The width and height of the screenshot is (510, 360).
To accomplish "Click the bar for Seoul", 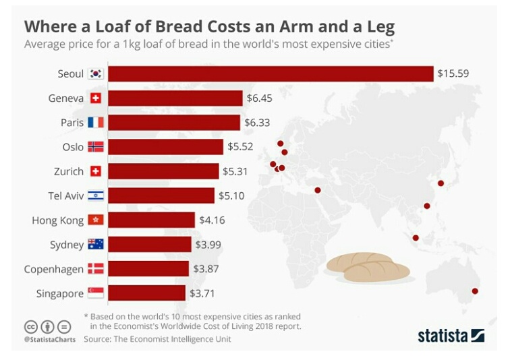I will (x=270, y=74).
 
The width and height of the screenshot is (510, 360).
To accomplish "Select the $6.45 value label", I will (x=259, y=98).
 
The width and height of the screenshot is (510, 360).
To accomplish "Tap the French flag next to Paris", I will (x=96, y=123).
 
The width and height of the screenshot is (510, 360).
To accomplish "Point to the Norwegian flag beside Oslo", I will (x=96, y=147).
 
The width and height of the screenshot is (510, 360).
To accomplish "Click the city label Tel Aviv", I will (x=66, y=196).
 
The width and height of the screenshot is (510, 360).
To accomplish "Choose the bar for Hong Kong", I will (x=151, y=220).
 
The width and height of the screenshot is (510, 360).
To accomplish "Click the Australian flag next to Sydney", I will (x=96, y=244).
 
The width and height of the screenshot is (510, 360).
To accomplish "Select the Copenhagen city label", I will (x=54, y=269).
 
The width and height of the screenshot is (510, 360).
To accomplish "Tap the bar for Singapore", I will (x=146, y=293).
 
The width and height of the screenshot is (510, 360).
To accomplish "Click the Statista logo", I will (x=451, y=335).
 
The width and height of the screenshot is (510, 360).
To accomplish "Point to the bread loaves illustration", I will (x=368, y=267).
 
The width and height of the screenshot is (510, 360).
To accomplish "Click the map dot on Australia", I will (x=475, y=291).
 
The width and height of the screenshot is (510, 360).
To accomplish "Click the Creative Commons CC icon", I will (x=30, y=327).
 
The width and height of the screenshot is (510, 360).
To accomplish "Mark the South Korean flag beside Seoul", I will (x=96, y=74).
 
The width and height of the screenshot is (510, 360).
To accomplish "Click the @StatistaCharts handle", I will (x=49, y=339).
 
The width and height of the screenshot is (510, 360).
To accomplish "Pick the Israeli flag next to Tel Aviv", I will (x=96, y=196).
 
